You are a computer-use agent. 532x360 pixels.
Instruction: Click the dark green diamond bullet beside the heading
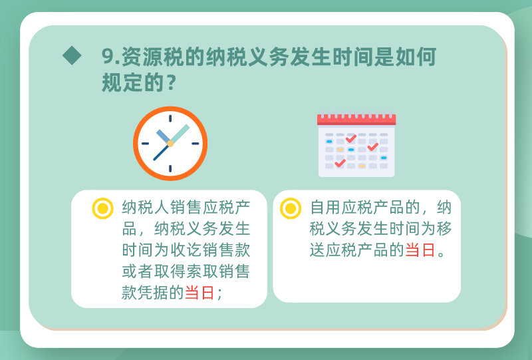72,55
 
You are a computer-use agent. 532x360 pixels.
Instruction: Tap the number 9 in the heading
108,56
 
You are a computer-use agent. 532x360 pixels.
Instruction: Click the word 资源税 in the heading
152,56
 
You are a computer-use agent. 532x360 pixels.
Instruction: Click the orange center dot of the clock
170,144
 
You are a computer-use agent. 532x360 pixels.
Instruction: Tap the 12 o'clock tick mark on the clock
170,118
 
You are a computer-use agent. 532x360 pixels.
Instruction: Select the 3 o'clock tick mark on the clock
196,144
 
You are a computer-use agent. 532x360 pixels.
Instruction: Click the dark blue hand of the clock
161,153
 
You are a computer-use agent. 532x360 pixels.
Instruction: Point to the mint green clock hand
180,134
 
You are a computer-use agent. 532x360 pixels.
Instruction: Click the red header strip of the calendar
356,120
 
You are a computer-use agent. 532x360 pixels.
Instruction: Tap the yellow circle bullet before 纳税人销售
102,208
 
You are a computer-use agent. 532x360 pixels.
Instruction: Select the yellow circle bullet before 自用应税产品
291,208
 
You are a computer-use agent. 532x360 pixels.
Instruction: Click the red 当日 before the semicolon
200,292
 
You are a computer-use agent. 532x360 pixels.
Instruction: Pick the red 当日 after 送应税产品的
420,250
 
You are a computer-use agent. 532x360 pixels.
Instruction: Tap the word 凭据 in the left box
154,292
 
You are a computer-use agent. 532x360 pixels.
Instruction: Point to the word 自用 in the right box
325,208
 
